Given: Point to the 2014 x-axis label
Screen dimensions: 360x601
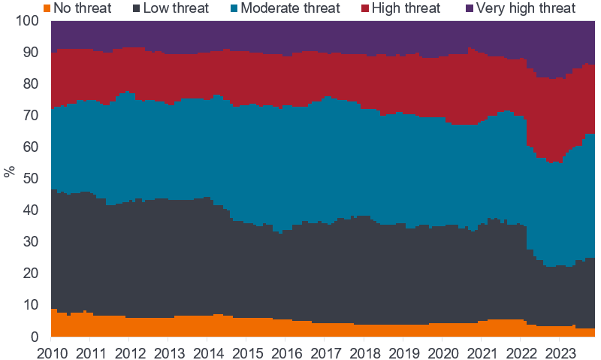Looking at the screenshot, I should [x=208, y=352].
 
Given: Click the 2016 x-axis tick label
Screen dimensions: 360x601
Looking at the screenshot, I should [x=286, y=352].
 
